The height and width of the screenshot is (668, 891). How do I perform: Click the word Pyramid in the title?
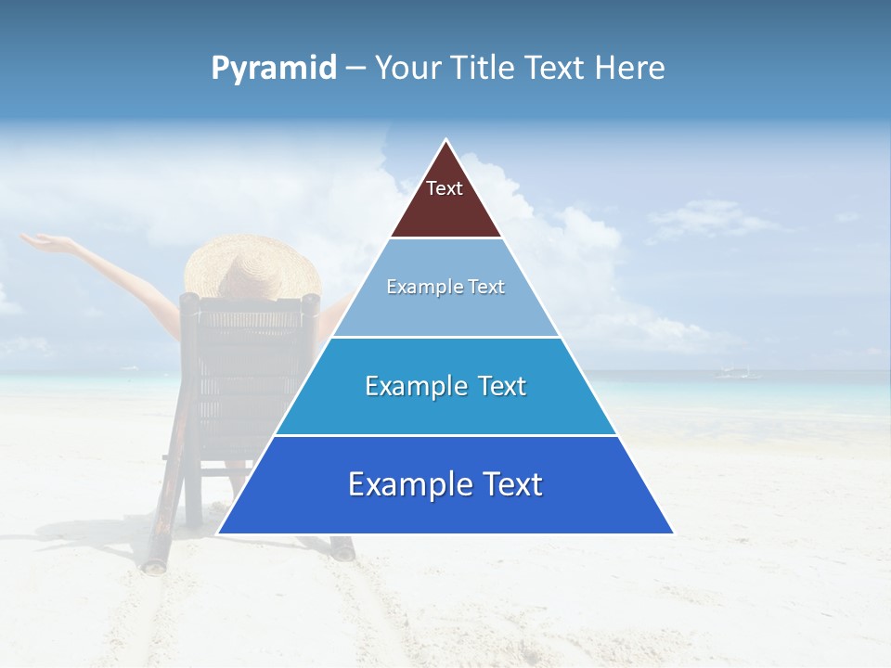click(x=273, y=69)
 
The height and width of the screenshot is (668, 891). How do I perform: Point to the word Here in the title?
click(x=629, y=69)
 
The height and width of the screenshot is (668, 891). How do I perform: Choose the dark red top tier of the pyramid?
click(x=446, y=209)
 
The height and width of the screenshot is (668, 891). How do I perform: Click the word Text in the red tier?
click(x=445, y=188)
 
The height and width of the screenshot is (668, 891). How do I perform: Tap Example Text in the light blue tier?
click(x=445, y=287)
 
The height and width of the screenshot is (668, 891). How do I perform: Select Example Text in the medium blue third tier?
click(x=445, y=386)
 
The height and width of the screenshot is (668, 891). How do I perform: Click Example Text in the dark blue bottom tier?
click(x=445, y=484)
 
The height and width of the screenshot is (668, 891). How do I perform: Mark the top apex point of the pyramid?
click(x=446, y=140)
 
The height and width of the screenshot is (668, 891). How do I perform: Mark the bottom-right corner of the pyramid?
click(x=673, y=533)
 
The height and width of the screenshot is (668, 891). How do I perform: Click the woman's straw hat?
click(x=251, y=264)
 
